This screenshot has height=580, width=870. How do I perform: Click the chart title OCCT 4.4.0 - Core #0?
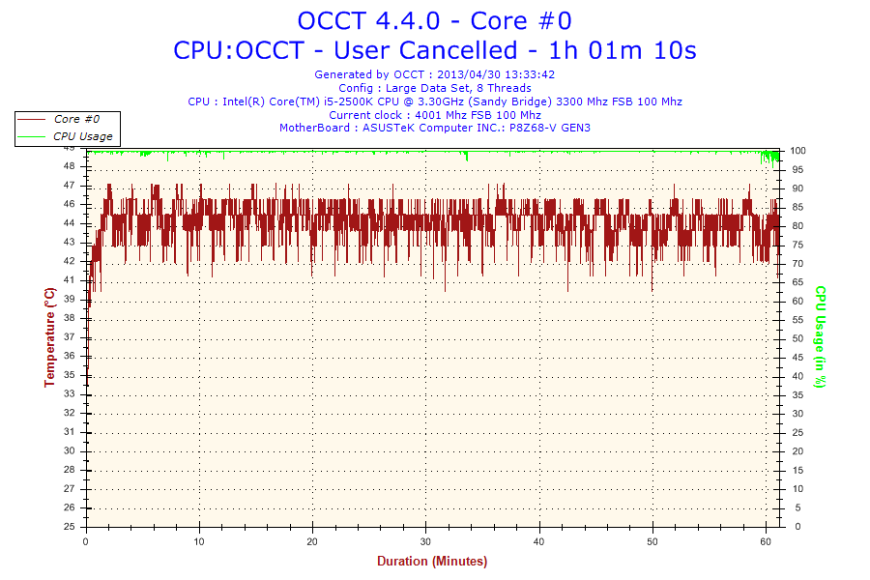click(x=434, y=20)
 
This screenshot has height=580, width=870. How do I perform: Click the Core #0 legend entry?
click(x=76, y=119)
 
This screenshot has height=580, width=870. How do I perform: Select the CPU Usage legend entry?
click(x=83, y=136)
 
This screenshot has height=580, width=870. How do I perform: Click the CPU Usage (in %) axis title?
click(x=820, y=336)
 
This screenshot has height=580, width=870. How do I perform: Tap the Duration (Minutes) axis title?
click(x=432, y=562)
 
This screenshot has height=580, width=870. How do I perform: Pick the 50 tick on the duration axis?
click(x=652, y=540)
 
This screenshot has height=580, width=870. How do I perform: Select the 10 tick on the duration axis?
click(x=199, y=540)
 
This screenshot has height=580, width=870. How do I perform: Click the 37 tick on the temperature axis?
click(x=70, y=337)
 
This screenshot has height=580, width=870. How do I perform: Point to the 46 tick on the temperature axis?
click(x=70, y=204)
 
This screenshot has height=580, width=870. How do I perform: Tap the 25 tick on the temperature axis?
click(x=70, y=527)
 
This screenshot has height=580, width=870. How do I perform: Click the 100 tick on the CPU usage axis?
click(x=798, y=151)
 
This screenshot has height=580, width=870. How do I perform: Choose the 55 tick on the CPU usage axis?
click(x=798, y=320)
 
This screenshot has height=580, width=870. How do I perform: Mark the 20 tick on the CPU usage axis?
click(x=798, y=451)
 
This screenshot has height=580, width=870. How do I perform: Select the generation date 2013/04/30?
click(x=470, y=74)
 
